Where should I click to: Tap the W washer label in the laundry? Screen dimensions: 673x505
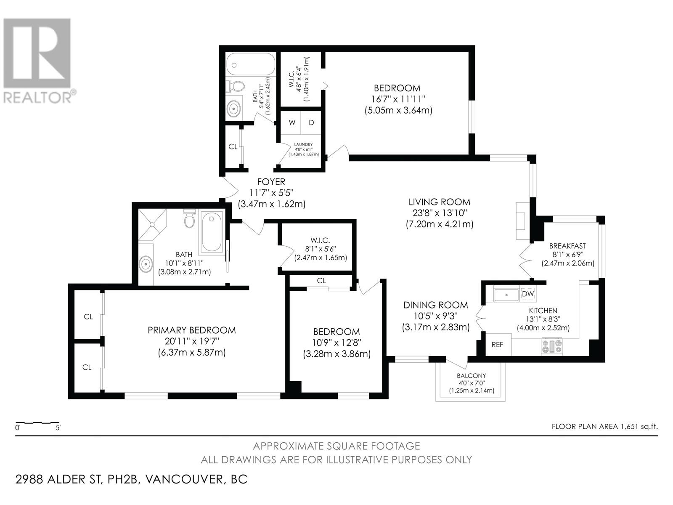tap(292, 122)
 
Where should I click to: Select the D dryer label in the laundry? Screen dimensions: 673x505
tap(312, 122)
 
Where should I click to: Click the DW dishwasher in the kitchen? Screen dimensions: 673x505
tap(528, 294)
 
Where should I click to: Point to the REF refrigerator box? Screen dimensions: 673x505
tap(497, 344)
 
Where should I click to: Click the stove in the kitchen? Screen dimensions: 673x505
tap(552, 346)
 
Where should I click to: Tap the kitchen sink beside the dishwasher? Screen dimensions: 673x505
tap(506, 294)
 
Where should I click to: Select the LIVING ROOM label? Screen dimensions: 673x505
tap(440, 202)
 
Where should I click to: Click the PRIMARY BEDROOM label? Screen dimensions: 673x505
tap(192, 330)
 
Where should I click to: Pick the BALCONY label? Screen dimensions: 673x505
tap(471, 376)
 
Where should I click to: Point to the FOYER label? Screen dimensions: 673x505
tap(271, 182)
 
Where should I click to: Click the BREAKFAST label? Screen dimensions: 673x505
tap(567, 246)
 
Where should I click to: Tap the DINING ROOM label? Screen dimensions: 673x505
tap(436, 305)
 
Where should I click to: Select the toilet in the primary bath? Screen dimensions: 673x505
tap(189, 218)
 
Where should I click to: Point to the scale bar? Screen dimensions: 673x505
tap(37, 423)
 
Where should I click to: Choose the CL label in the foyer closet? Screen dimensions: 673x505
tap(233, 147)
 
